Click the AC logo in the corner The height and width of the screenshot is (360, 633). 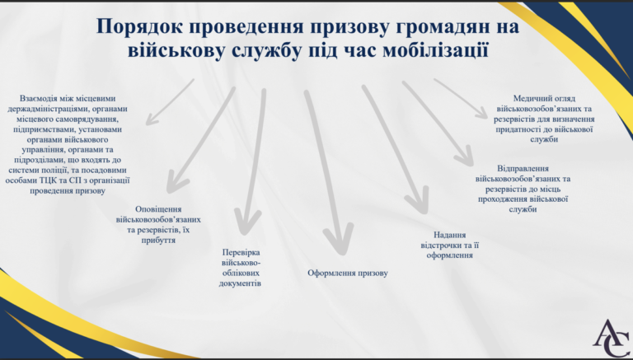point(611,339)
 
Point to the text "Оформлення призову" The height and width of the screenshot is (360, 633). point(348,274)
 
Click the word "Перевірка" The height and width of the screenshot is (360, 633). point(241,252)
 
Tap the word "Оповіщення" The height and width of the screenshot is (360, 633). point(158,209)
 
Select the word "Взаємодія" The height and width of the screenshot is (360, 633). point(39,98)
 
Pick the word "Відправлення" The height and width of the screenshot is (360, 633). point(523,168)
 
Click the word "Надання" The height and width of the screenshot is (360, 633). point(450,235)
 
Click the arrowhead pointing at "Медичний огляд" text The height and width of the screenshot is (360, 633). point(481,113)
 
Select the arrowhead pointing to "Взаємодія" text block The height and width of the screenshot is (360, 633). point(150,119)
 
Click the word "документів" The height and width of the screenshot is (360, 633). point(240,283)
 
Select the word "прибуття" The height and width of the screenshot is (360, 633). point(158,240)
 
